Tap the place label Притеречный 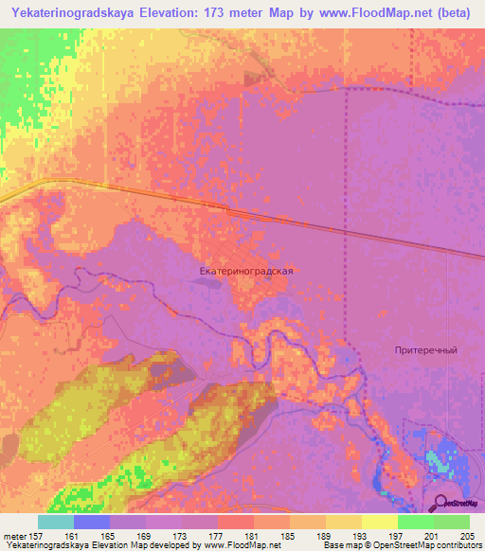pyautogui.click(x=426, y=350)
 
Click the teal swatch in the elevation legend pyautogui.click(x=56, y=522)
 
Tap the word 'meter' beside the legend pyautogui.click(x=14, y=535)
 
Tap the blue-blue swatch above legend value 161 pyautogui.click(x=92, y=522)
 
